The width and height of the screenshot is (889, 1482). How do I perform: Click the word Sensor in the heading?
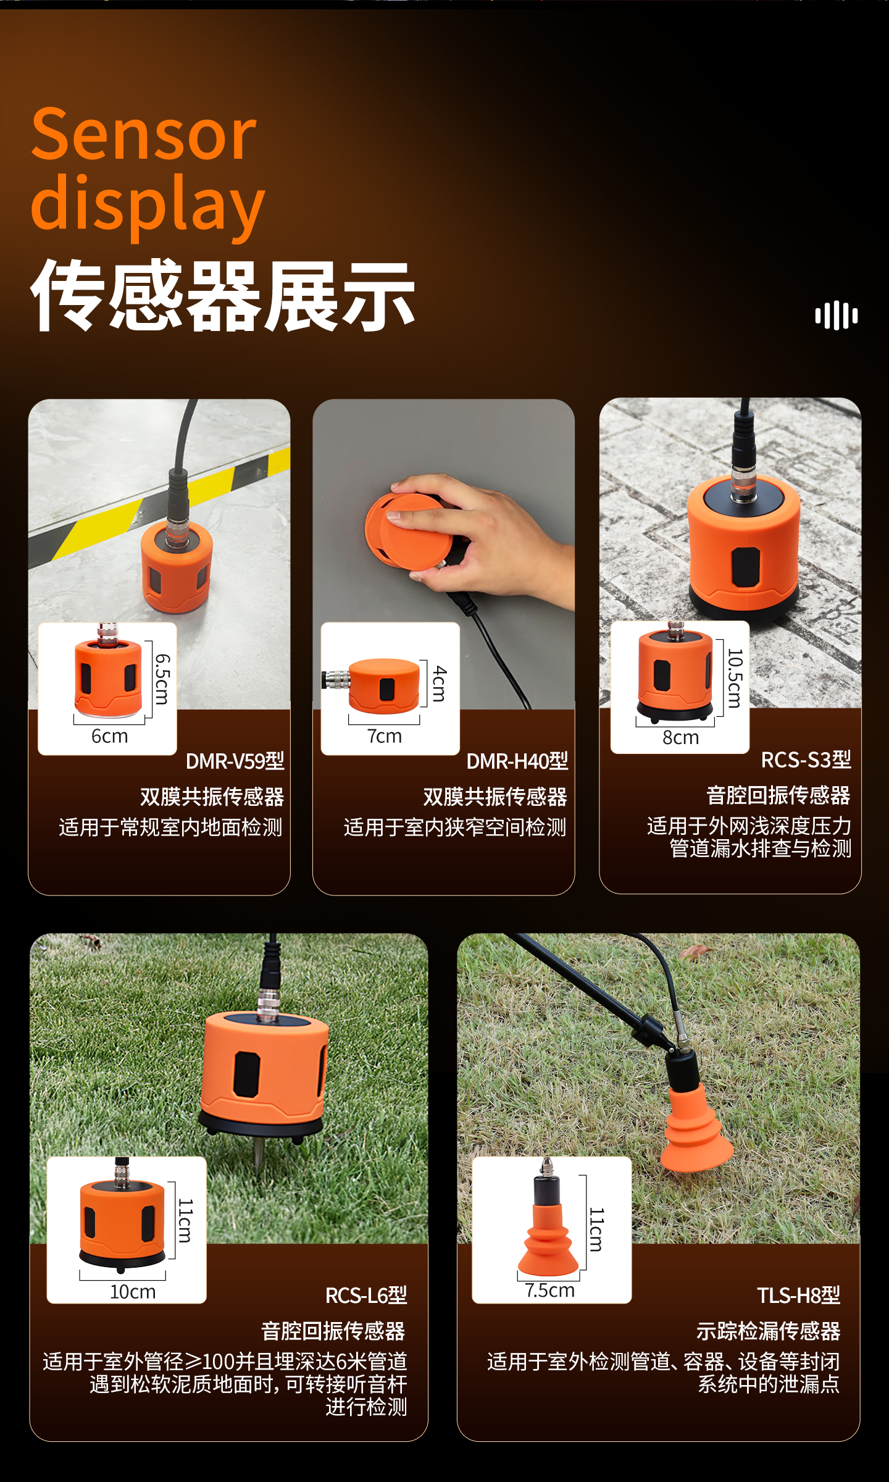point(143,134)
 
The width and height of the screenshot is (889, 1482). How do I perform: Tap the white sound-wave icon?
point(837,316)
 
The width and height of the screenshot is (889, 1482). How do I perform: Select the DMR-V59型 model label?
point(235,761)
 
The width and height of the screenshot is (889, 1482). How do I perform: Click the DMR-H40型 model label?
point(517,761)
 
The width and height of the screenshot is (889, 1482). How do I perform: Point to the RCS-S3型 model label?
point(806,760)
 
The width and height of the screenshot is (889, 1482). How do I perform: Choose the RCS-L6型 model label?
point(366,1296)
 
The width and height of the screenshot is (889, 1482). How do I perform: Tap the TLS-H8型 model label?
point(799,1296)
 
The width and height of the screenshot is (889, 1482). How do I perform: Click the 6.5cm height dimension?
point(162,679)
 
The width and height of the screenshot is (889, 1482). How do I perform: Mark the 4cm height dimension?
point(439,683)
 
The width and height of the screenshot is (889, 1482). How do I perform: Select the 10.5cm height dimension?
point(734,677)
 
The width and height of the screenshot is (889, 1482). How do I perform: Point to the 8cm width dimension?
point(681,737)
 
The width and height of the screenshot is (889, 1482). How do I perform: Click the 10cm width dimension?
point(133,1292)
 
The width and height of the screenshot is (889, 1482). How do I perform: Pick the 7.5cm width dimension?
point(550,1290)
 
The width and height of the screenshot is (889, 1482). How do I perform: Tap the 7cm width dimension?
point(385,736)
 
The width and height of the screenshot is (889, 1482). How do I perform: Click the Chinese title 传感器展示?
point(223,295)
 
